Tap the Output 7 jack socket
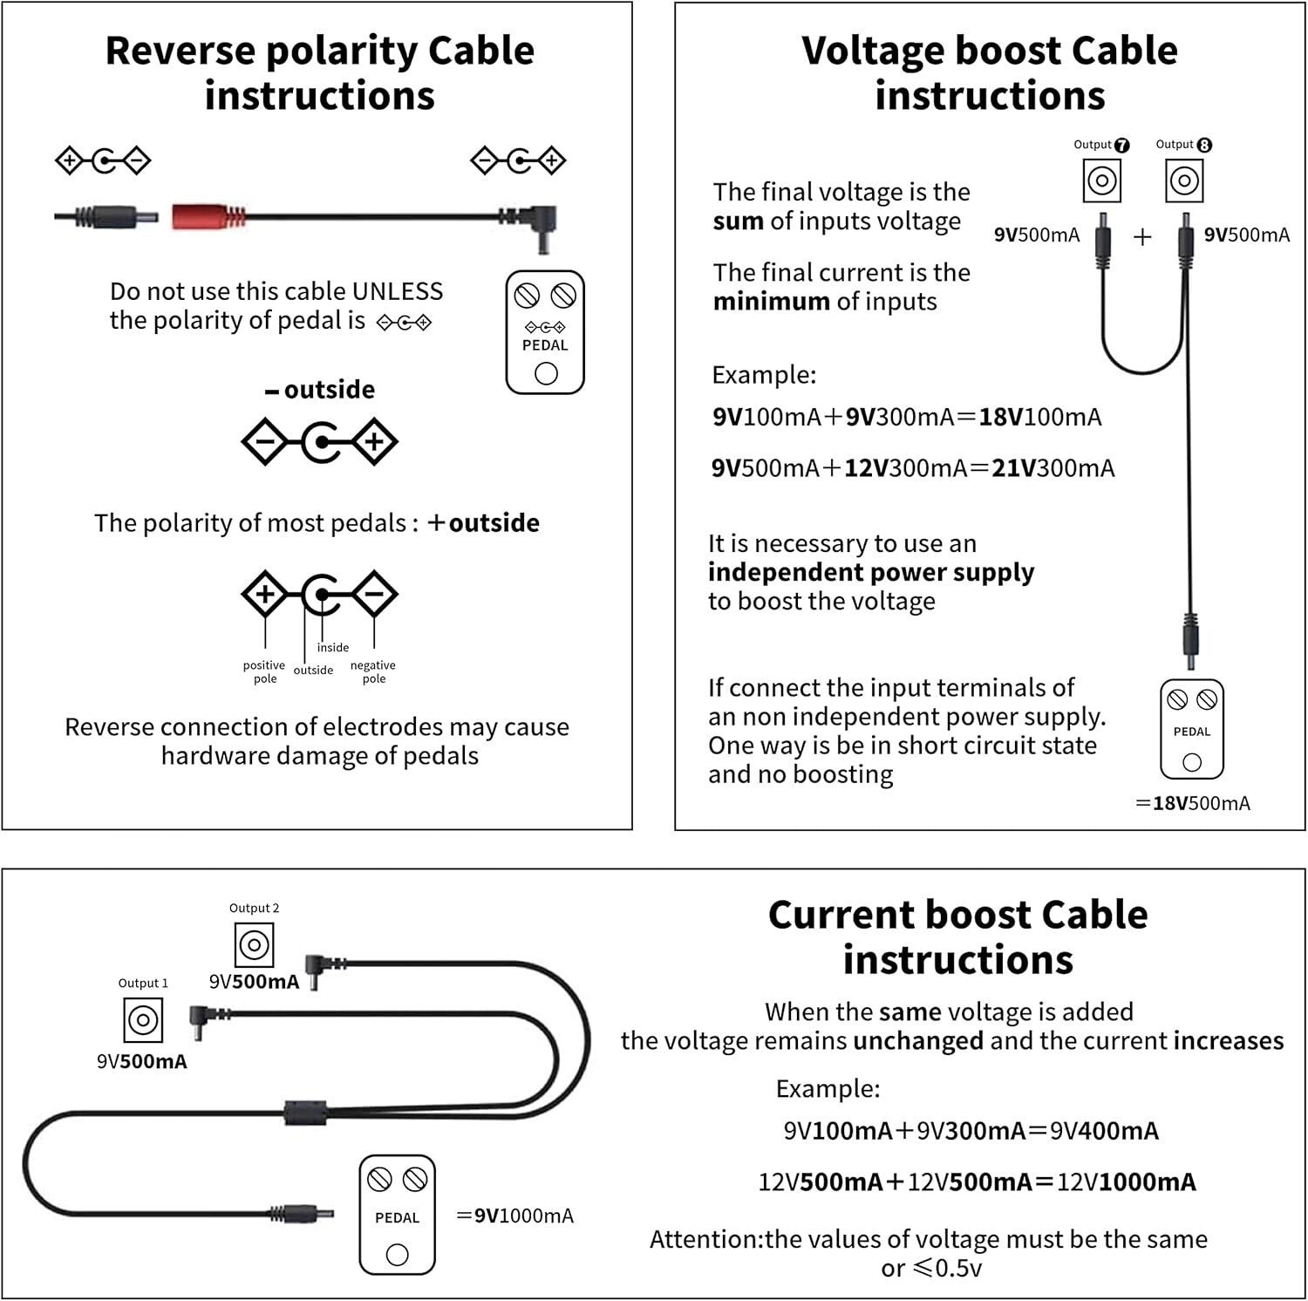[x=1101, y=181]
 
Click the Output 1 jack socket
[x=143, y=1019]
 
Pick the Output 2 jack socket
[x=254, y=944]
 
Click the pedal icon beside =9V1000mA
[x=397, y=1215]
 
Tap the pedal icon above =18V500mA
[x=1191, y=729]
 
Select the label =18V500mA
[x=1192, y=803]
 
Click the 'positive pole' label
[x=264, y=671]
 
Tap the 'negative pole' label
[x=373, y=671]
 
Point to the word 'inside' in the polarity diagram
[x=333, y=647]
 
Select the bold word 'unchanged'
[x=917, y=1041]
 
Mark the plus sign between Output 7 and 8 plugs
[x=1142, y=236]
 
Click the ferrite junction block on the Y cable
[x=305, y=1112]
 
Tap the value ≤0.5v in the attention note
[x=947, y=1268]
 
